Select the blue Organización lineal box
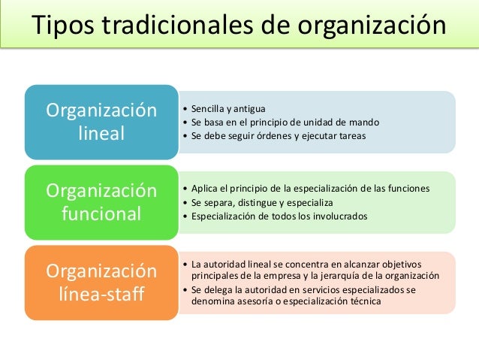(x=102, y=123)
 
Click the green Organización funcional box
(x=102, y=202)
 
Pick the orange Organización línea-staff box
(x=102, y=282)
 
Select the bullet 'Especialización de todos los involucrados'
(x=279, y=216)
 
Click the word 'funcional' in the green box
(x=102, y=214)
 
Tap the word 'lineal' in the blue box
(x=102, y=135)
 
